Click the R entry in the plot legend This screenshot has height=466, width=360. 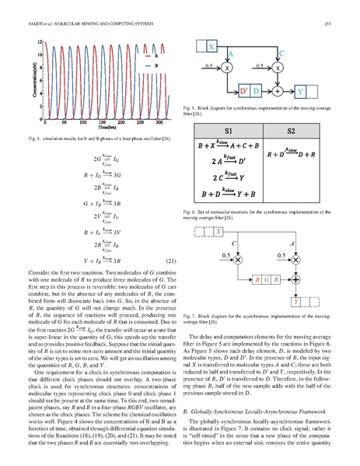[153, 55]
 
